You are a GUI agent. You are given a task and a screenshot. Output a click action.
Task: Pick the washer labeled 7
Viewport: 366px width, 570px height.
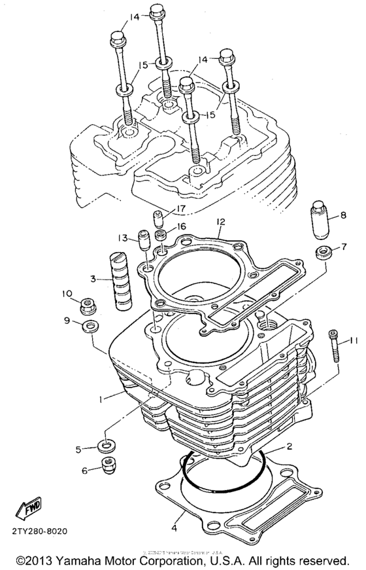coord(322,253)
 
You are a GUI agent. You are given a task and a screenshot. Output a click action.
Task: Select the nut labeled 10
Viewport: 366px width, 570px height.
coord(85,305)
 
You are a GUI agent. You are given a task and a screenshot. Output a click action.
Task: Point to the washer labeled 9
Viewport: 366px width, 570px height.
coord(87,325)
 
